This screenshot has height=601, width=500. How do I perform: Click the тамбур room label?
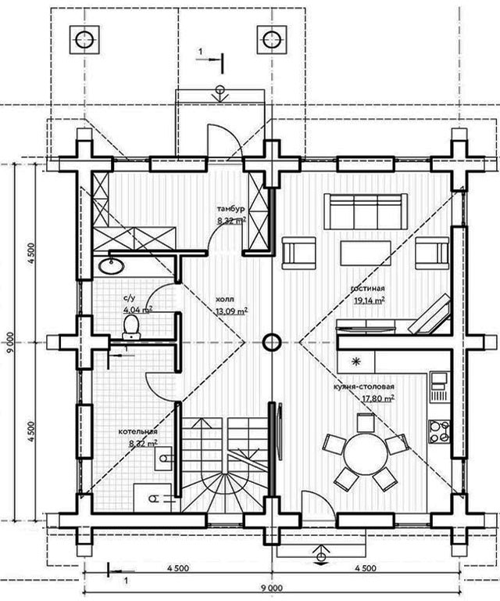coord(231,209)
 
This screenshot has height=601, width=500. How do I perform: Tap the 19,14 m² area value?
coord(370,300)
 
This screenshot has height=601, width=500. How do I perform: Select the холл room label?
coord(225,300)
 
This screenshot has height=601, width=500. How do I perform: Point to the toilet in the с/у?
coord(131,327)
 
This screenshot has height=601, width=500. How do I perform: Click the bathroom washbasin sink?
coord(111,265)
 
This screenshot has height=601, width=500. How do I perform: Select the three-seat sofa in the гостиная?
coord(366,211)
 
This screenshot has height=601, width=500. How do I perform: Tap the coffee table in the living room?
coord(366,253)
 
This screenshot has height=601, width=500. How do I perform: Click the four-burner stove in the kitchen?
coord(439,432)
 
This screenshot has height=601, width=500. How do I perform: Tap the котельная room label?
coord(137,432)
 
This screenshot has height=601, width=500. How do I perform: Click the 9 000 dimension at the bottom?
coord(272,588)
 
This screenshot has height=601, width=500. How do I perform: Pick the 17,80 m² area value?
coord(378,398)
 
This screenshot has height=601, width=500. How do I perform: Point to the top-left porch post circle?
coord(84,40)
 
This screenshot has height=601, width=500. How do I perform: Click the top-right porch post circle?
coord(272,40)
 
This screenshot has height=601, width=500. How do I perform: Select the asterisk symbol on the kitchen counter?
coord(356,361)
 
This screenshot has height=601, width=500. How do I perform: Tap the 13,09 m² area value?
coord(231,311)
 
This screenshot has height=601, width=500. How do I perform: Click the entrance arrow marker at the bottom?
coord(321,555)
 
